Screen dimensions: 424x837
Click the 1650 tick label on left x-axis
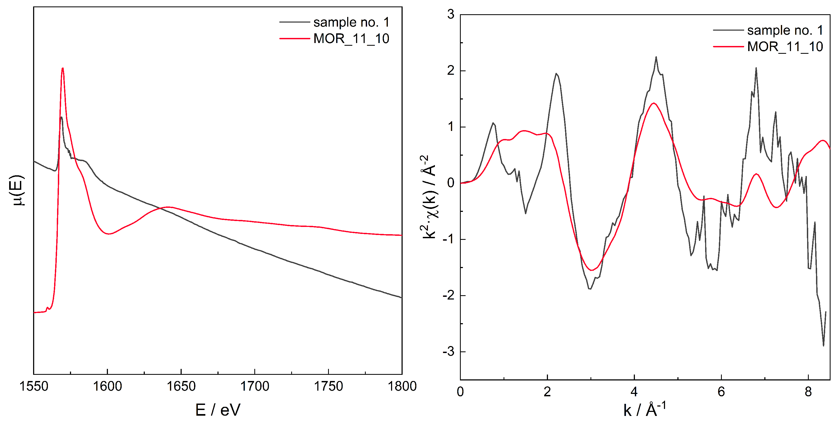tap(181, 386)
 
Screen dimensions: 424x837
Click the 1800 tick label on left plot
tap(402, 386)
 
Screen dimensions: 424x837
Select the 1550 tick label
tap(34, 386)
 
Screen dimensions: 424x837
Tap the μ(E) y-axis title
tap(17, 191)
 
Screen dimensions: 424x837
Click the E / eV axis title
tap(218, 410)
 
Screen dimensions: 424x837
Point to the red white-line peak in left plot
tap(63, 69)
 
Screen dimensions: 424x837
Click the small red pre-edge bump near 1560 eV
tap(47, 308)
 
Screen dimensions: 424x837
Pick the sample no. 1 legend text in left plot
tap(351, 22)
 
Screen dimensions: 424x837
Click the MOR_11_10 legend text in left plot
tap(351, 39)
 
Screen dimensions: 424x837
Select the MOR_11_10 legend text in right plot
tap(785, 47)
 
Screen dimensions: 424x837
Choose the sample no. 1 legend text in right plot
tap(785, 30)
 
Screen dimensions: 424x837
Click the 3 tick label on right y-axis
tap(451, 15)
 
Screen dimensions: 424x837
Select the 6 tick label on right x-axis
tap(721, 392)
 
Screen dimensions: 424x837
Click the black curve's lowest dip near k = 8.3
tap(823, 345)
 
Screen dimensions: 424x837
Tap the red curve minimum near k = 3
tap(591, 270)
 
